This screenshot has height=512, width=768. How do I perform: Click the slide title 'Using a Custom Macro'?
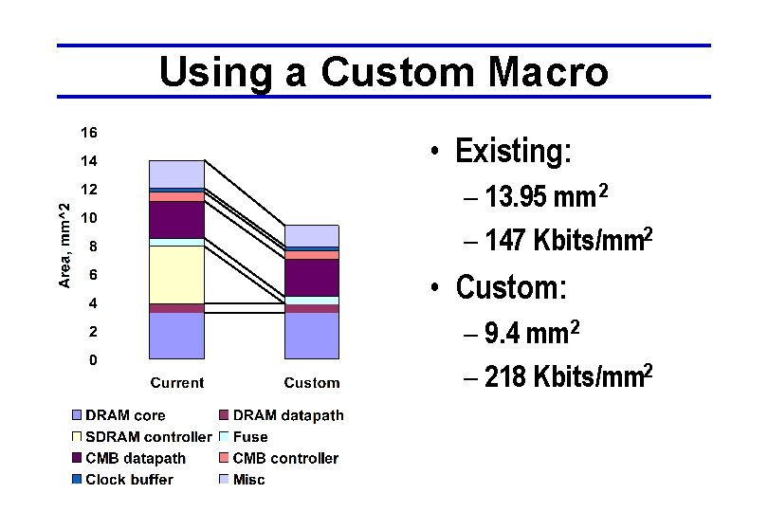click(383, 72)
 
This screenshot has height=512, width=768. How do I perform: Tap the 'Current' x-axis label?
click(176, 383)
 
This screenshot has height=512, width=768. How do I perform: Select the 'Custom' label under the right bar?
click(311, 383)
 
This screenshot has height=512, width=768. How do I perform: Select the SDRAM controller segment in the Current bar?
click(176, 274)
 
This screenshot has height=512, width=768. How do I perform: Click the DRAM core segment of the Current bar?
click(176, 336)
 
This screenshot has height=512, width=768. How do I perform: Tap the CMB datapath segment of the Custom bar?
click(311, 277)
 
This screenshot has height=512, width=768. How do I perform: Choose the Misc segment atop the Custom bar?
click(311, 235)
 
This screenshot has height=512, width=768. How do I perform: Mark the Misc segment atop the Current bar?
click(176, 174)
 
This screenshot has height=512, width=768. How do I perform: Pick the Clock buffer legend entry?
click(129, 480)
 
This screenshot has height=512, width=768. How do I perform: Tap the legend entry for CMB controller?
click(284, 458)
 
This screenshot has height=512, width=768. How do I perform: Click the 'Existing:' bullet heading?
click(513, 152)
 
